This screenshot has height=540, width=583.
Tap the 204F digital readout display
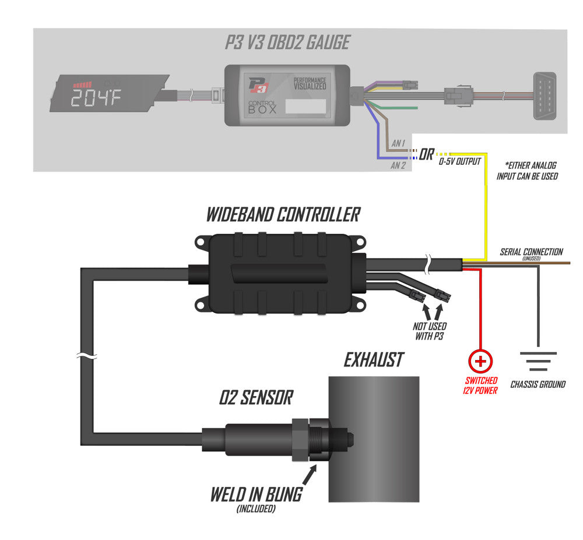[x=96, y=98]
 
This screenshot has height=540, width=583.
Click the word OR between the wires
[x=426, y=156]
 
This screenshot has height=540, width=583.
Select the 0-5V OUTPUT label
[x=460, y=161]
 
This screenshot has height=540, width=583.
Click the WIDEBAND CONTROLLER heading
[x=283, y=215]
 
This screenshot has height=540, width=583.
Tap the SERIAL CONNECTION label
[x=531, y=252]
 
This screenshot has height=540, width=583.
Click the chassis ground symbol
[x=538, y=364]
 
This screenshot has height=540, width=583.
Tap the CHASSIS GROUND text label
[x=538, y=384]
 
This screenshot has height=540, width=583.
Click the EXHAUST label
[x=373, y=360]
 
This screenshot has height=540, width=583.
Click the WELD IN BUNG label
[x=256, y=495]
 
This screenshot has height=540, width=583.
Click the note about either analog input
[x=527, y=171]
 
